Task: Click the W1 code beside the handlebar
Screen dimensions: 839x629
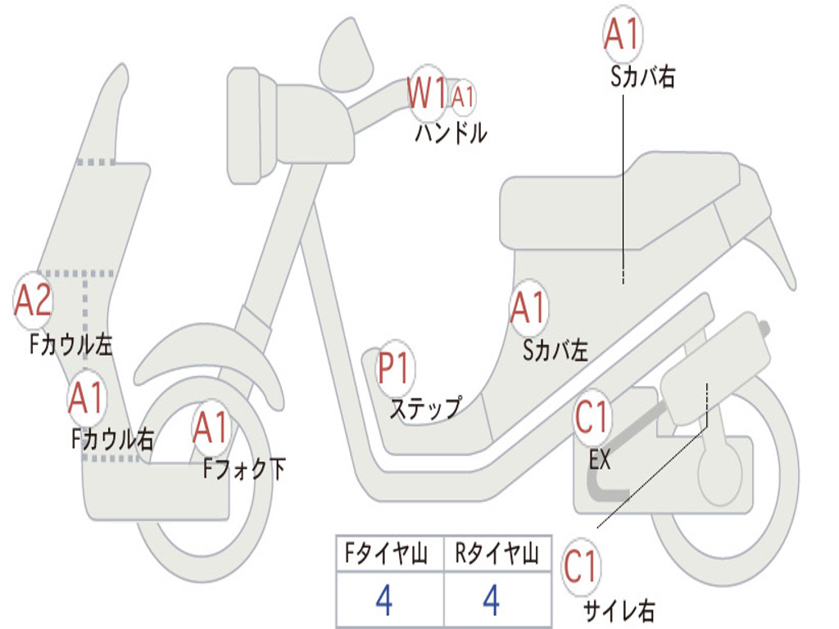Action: (428, 93)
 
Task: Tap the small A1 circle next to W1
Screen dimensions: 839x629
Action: (463, 97)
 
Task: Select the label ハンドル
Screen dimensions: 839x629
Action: (451, 133)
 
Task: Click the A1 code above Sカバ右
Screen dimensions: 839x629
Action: (621, 34)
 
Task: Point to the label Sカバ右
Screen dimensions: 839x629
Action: (642, 77)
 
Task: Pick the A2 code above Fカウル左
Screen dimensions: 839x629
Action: (34, 301)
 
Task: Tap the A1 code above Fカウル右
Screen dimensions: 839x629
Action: (86, 398)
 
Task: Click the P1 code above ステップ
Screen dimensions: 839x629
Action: (395, 369)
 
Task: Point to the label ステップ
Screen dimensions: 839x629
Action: (424, 408)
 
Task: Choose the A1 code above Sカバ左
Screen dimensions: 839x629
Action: (528, 309)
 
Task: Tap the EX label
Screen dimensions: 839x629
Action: (600, 460)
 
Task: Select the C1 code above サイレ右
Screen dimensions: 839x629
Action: (581, 568)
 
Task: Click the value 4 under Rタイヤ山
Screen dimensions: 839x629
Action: (491, 600)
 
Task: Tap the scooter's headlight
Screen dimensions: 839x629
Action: (243, 125)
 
